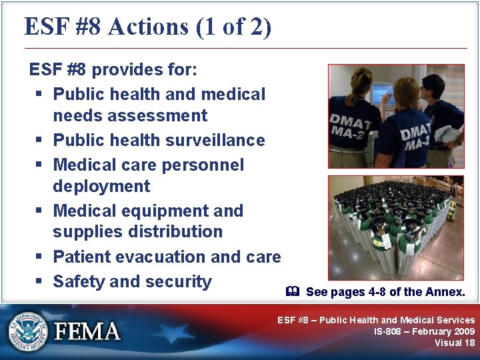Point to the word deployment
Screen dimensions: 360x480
101,186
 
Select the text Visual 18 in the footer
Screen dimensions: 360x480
455,343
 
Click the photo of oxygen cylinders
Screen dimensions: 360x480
395,228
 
